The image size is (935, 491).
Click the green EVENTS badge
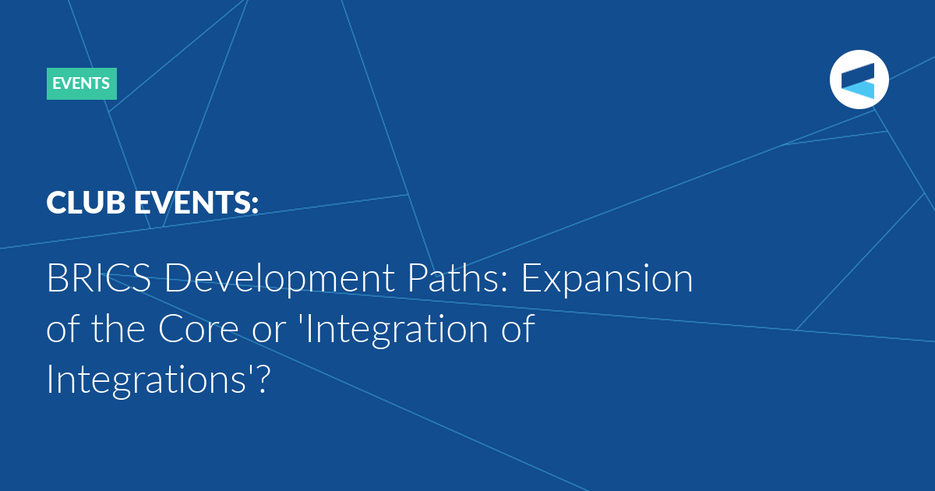[x=81, y=83]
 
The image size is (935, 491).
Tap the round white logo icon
[x=859, y=79]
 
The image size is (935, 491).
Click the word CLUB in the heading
[x=86, y=203]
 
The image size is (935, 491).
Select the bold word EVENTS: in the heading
[x=196, y=203]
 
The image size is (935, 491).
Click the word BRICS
[x=98, y=278]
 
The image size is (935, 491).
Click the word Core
[x=198, y=329]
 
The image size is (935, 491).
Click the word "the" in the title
[x=118, y=328]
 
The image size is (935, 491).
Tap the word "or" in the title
[x=269, y=333]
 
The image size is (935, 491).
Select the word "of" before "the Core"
[x=62, y=328]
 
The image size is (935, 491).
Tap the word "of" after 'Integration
[x=518, y=328]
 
